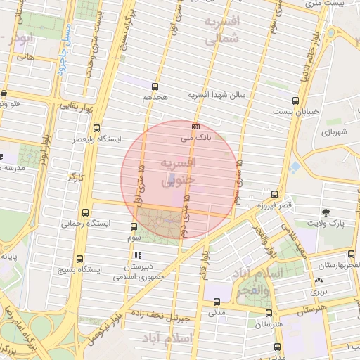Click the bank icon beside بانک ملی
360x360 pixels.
[195, 127]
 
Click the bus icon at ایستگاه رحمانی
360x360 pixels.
[86, 213]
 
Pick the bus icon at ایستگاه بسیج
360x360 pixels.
[79, 259]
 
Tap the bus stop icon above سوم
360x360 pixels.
[134, 226]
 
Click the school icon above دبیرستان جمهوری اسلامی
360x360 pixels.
[139, 255]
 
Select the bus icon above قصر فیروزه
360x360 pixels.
[274, 195]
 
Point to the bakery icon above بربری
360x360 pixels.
[316, 281]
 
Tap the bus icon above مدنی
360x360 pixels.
[216, 302]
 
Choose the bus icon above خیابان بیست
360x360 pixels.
[295, 100]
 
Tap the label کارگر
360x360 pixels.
[75, 176]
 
